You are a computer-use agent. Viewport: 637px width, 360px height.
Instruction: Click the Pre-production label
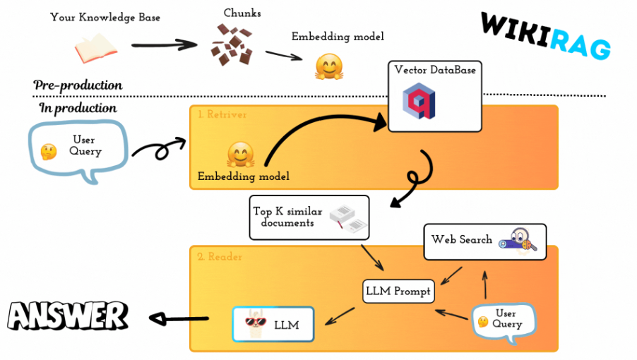(78, 85)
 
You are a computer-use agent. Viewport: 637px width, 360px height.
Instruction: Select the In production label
(78, 108)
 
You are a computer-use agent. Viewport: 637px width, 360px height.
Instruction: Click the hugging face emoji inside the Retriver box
(240, 153)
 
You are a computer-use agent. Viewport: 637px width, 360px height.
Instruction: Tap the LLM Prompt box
(398, 291)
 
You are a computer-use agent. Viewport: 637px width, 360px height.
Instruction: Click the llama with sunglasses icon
(255, 324)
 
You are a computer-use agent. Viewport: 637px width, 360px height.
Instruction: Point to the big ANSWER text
(67, 315)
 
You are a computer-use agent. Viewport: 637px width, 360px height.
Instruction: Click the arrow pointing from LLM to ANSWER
(181, 319)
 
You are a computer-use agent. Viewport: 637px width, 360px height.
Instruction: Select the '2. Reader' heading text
(220, 257)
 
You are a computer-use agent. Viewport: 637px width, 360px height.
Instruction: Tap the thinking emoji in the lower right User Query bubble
(483, 322)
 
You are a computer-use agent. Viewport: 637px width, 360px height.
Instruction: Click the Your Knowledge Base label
(105, 17)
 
